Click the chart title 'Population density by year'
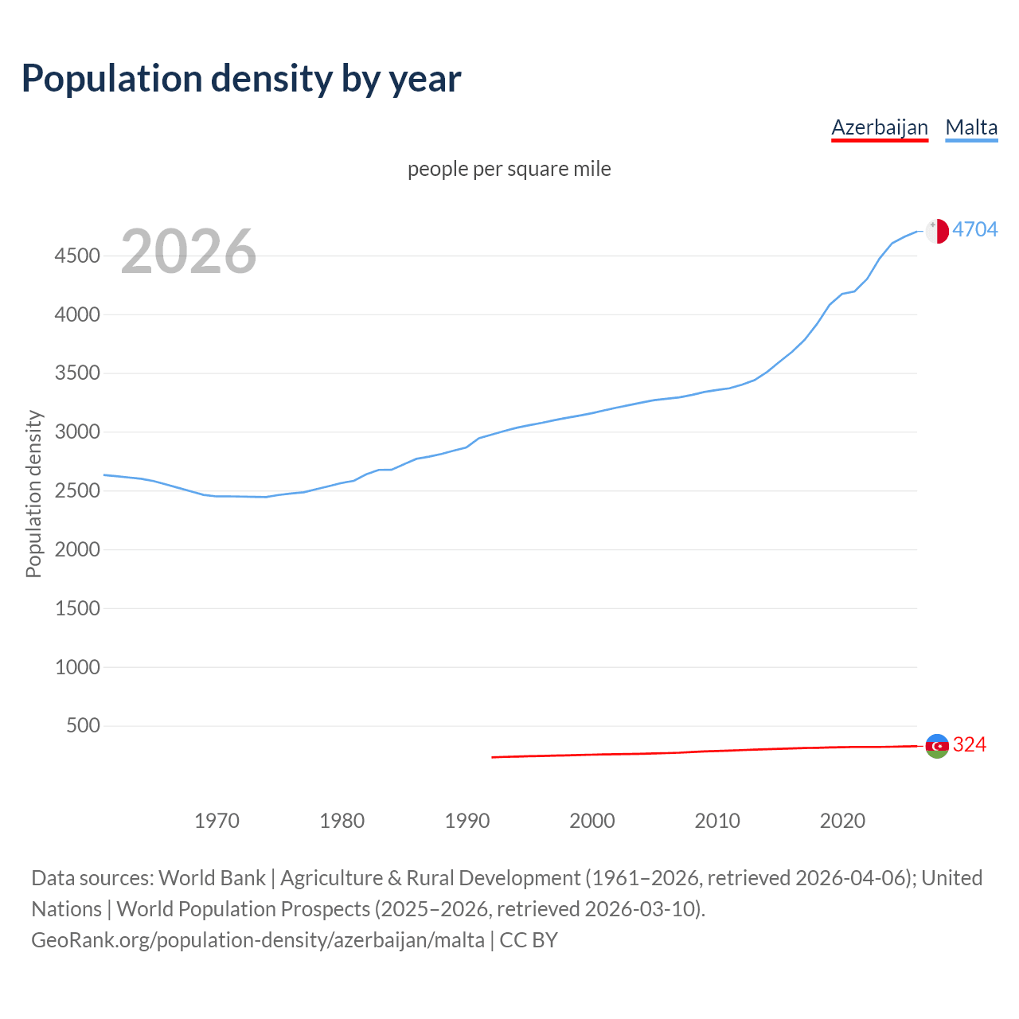click(x=241, y=78)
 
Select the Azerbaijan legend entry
click(x=880, y=127)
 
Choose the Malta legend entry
click(x=971, y=127)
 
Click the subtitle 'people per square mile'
click(x=509, y=169)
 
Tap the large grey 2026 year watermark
click(x=189, y=252)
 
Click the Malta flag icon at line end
click(x=937, y=231)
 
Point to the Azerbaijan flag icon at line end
click(x=937, y=746)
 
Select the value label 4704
click(x=975, y=229)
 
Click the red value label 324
click(x=970, y=744)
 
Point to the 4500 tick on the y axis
click(x=77, y=256)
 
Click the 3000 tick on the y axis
click(x=77, y=432)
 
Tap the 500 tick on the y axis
click(x=84, y=725)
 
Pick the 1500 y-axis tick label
click(x=77, y=608)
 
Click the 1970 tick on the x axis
click(x=217, y=821)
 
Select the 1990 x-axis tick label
click(x=467, y=821)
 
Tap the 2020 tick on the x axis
click(x=842, y=821)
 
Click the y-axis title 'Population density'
click(x=33, y=494)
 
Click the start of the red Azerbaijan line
click(x=493, y=757)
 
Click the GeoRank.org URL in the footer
click(x=257, y=940)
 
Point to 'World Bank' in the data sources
click(x=212, y=878)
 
